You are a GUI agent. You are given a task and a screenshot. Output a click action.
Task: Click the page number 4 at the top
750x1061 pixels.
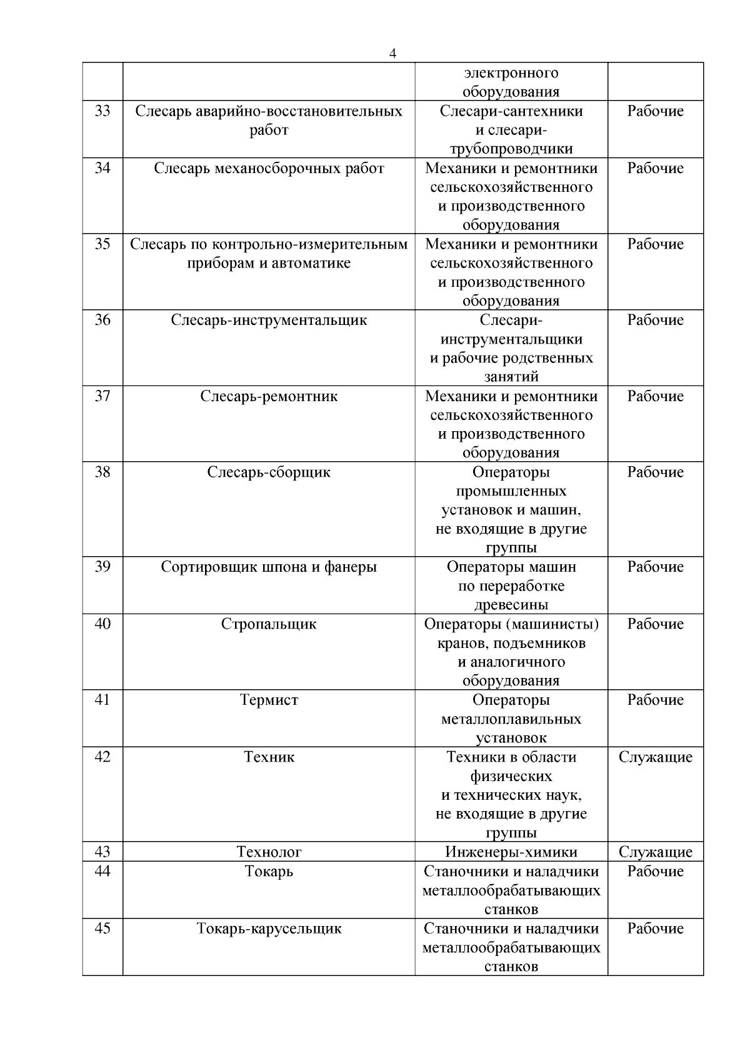(392, 54)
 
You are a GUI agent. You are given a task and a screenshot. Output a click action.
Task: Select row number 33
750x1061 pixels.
(102, 111)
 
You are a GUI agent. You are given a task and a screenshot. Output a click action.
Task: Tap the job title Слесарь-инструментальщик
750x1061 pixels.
(269, 321)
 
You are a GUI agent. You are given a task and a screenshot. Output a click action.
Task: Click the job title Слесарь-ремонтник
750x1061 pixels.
(269, 397)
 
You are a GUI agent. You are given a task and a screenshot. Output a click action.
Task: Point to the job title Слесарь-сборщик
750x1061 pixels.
(269, 472)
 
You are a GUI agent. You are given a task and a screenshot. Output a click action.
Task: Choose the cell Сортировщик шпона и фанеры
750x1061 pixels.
(269, 567)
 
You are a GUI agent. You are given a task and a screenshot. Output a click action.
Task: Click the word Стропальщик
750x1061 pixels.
(269, 624)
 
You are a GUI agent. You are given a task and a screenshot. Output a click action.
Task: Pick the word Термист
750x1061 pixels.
(269, 700)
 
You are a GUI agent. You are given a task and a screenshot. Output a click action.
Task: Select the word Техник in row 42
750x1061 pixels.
(269, 757)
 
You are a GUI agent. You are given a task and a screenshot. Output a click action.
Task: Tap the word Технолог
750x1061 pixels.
(269, 852)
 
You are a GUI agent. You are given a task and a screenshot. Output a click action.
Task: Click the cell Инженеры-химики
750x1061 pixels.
(511, 852)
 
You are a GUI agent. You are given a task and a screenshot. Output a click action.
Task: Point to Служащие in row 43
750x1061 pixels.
(656, 852)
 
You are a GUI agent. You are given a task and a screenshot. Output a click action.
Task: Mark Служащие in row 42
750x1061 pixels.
(656, 757)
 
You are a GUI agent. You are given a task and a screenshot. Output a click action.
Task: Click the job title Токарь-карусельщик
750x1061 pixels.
(269, 929)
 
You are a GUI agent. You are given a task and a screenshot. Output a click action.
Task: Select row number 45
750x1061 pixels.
(102, 929)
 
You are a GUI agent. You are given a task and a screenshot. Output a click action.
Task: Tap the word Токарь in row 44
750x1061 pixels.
(269, 872)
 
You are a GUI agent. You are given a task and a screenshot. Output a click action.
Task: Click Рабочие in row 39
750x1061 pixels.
(656, 567)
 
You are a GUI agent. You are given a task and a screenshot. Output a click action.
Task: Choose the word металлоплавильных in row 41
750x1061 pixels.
(511, 719)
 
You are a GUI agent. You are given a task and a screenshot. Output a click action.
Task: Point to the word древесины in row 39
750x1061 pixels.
(511, 605)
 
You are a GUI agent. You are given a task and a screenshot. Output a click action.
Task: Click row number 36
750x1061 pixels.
(102, 321)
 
